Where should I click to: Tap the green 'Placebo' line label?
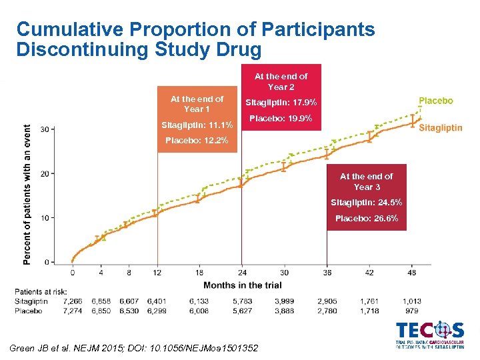click(x=435, y=101)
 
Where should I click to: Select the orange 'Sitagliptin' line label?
click(x=440, y=128)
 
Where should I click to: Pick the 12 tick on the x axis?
click(x=157, y=272)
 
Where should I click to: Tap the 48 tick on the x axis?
click(x=411, y=272)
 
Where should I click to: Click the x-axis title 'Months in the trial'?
click(x=241, y=285)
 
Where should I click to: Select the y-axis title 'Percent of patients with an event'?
click(x=27, y=195)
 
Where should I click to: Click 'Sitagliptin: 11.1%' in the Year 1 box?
click(x=197, y=125)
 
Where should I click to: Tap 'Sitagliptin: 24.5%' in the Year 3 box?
click(x=367, y=202)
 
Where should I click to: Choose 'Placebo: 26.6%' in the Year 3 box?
click(x=367, y=218)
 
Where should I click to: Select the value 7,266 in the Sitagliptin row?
click(x=73, y=301)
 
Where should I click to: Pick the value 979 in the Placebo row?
click(x=412, y=311)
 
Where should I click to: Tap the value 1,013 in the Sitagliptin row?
click(x=412, y=301)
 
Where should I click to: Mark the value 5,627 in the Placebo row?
click(x=242, y=311)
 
